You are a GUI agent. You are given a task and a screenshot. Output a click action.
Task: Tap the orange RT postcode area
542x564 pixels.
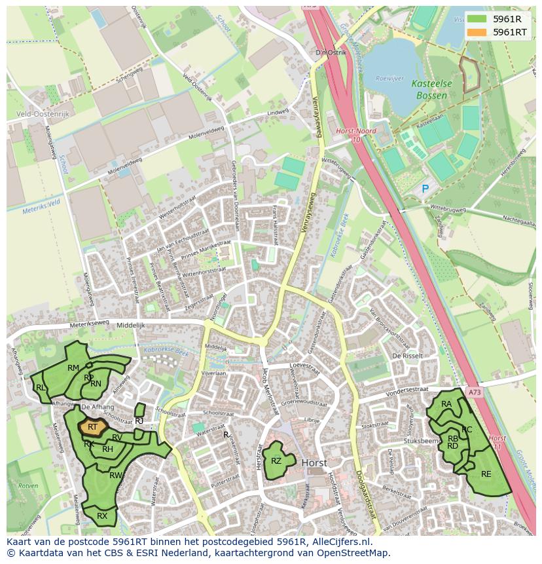click(x=92, y=427)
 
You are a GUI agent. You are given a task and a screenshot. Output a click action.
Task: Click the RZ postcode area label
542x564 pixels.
click(x=276, y=461)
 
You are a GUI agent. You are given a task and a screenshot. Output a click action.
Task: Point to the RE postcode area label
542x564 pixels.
click(x=486, y=474)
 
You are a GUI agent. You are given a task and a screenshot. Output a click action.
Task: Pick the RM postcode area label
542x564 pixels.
click(x=73, y=368)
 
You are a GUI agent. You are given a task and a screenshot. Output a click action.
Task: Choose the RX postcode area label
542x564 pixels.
click(x=102, y=516)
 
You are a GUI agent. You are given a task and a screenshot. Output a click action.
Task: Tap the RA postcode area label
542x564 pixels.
click(x=446, y=404)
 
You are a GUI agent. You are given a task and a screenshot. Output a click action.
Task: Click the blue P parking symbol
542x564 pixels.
click(x=425, y=189)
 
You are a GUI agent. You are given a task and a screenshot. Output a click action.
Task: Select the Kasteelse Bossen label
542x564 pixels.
click(x=429, y=90)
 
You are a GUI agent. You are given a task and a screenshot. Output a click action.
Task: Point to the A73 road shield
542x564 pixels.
click(x=474, y=392)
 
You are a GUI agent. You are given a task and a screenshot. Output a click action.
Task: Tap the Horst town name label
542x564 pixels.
click(x=315, y=462)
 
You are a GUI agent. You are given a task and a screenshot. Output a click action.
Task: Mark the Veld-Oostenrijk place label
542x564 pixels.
click(x=42, y=113)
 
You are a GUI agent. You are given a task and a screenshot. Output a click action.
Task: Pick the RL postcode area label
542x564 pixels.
click(x=41, y=388)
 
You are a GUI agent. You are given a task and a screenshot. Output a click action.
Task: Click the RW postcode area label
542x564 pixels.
click(x=115, y=476)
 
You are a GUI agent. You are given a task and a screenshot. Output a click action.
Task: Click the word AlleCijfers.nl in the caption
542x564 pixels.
click(x=340, y=542)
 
